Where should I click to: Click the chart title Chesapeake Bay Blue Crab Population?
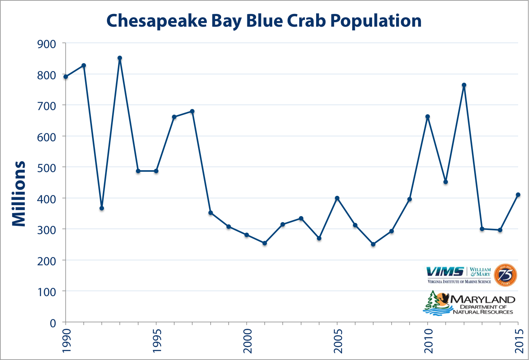click(x=264, y=21)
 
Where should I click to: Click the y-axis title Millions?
click(x=19, y=194)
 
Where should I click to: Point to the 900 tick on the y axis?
click(x=47, y=44)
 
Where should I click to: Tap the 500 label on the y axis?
click(x=47, y=168)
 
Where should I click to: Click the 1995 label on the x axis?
click(x=157, y=341)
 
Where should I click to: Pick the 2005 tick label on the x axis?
click(x=338, y=341)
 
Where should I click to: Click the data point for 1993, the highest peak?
click(x=120, y=58)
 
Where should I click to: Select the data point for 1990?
click(x=66, y=77)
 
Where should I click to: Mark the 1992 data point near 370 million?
click(x=102, y=208)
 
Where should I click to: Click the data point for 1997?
click(x=192, y=111)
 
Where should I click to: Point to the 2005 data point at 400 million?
click(x=337, y=198)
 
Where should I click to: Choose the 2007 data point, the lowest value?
click(x=373, y=244)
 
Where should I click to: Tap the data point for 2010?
click(x=428, y=116)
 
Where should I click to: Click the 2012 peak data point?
click(x=464, y=85)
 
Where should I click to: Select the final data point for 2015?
click(x=518, y=195)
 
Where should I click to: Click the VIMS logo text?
click(x=445, y=271)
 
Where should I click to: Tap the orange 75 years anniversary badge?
click(x=505, y=275)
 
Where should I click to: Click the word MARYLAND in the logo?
click(x=483, y=299)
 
